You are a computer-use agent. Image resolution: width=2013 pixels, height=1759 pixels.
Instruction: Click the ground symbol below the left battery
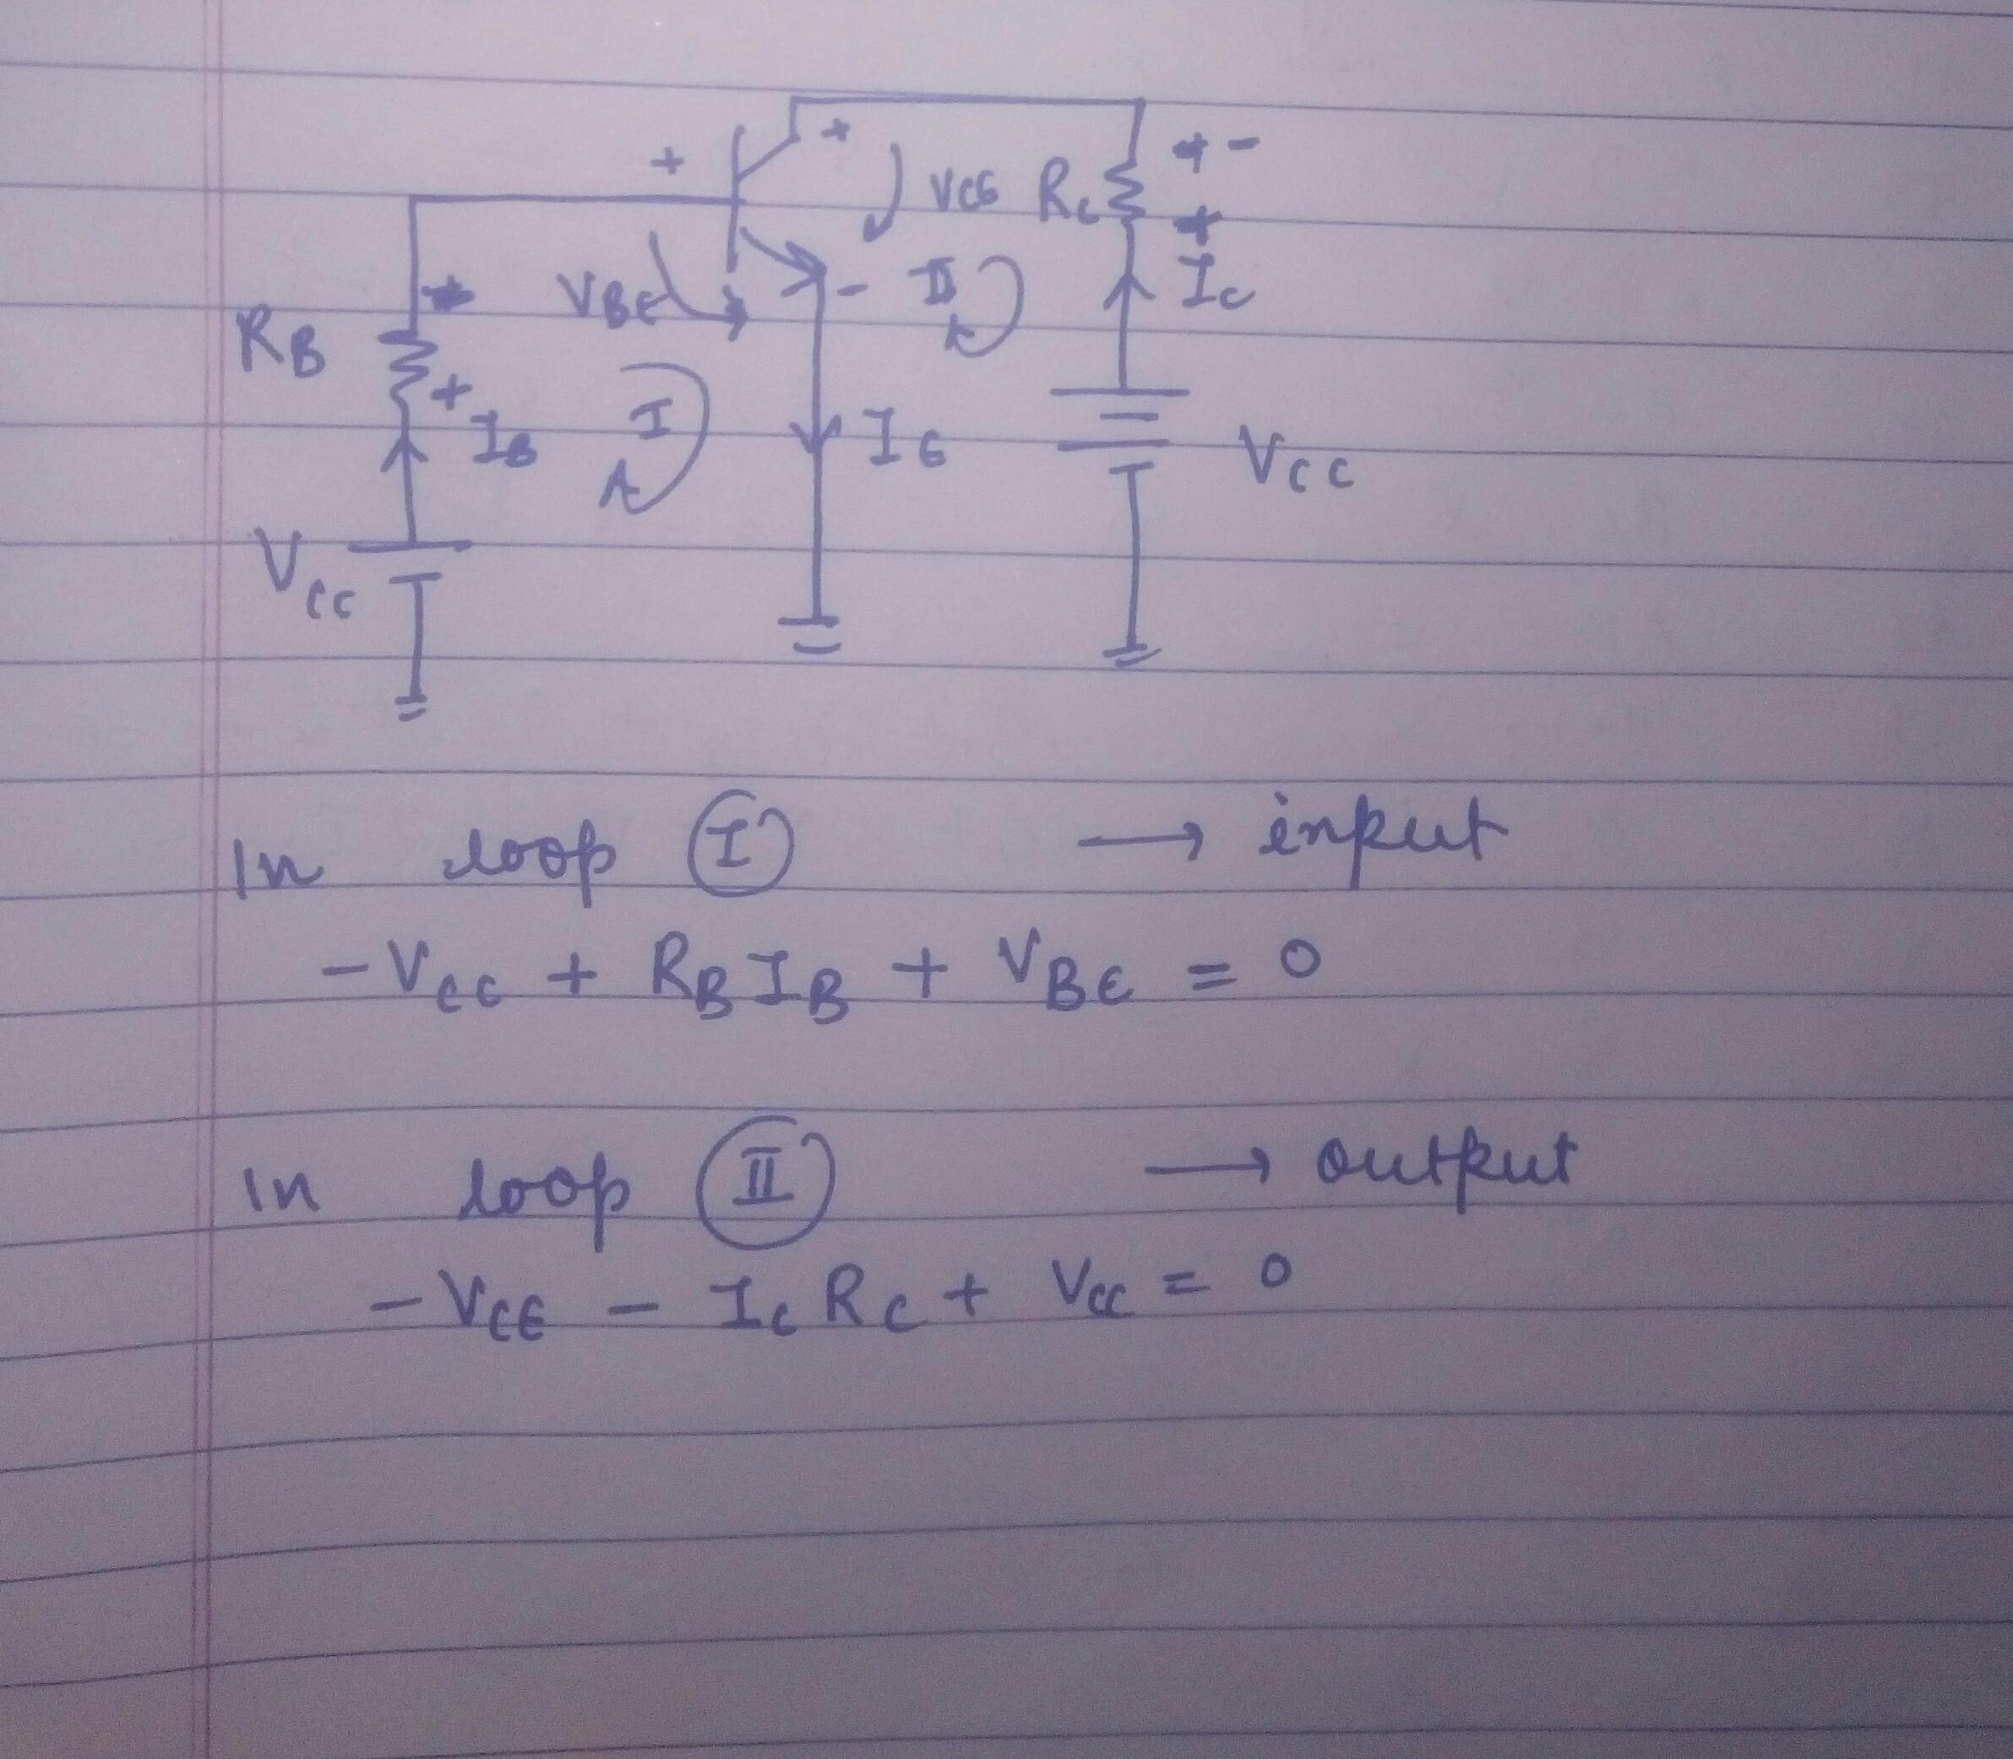413,707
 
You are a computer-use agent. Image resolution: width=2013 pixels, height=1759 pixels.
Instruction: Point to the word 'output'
1444,1168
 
